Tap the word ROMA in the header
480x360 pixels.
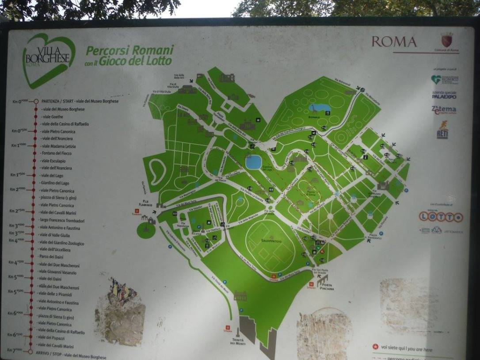click(x=394, y=42)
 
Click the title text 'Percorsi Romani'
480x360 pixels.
click(x=130, y=50)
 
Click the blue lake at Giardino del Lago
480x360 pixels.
click(x=254, y=162)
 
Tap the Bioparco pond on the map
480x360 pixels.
click(x=321, y=108)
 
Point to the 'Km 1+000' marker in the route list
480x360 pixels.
click(x=18, y=146)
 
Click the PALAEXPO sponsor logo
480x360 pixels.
click(x=444, y=95)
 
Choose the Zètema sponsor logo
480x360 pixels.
click(x=444, y=110)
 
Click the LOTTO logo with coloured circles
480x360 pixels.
click(x=441, y=217)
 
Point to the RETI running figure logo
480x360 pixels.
click(x=442, y=130)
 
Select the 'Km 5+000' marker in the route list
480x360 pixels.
click(x=18, y=277)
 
